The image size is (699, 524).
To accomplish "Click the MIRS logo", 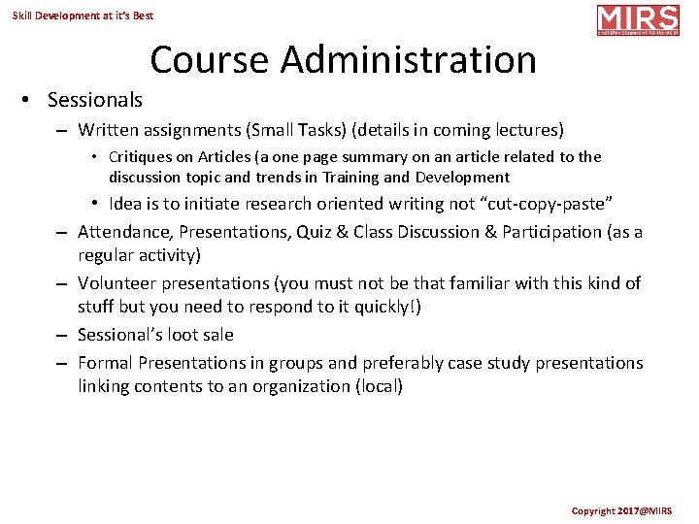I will (x=637, y=20).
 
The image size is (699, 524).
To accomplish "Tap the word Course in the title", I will (x=210, y=60).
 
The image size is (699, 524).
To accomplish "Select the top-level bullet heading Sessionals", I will (x=94, y=100).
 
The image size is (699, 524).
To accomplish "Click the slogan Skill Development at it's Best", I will (x=83, y=16).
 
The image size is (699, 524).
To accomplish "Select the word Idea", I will (x=125, y=204).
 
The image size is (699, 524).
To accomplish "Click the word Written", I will (x=109, y=129).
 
